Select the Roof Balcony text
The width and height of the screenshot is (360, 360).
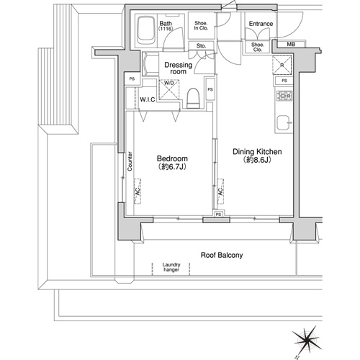222,255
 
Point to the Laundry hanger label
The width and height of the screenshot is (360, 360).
171,267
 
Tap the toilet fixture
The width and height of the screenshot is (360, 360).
193,98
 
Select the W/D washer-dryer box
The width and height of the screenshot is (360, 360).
169,89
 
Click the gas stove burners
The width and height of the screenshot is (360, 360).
284,96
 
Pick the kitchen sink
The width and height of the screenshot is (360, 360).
284,122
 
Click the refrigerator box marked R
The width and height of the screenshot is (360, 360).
282,66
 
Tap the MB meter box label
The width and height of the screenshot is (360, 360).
291,45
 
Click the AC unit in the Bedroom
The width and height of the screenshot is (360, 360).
138,192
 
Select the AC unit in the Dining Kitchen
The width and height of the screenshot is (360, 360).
220,192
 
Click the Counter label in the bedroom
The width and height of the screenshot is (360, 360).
130,161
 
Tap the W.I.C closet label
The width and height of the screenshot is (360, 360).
148,99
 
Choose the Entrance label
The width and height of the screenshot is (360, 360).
261,24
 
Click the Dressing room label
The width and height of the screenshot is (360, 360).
179,68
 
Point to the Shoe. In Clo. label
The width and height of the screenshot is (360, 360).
201,26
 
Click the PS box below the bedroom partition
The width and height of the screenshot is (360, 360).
218,215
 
